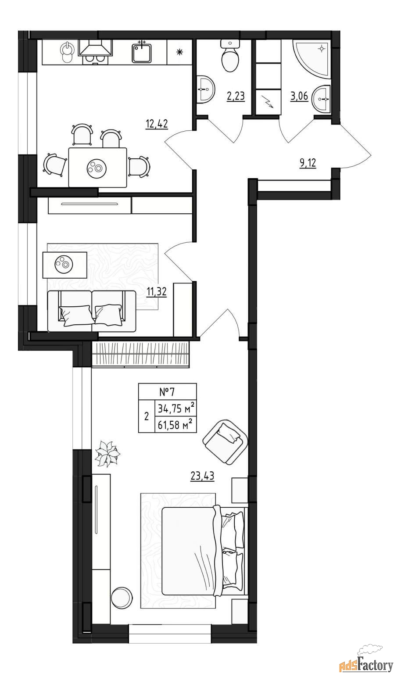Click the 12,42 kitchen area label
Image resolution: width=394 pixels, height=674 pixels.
[x=157, y=124]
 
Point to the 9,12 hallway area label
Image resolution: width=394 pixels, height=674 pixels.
[x=308, y=164]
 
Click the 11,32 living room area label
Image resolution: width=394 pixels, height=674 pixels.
[x=157, y=291]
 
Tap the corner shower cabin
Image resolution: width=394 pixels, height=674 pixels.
[x=312, y=58]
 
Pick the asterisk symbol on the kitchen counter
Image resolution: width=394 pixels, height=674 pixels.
[x=179, y=52]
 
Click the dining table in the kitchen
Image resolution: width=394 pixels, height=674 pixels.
[x=97, y=167]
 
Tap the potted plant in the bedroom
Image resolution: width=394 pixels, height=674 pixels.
[x=107, y=454]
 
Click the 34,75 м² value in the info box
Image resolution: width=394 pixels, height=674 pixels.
[x=176, y=409]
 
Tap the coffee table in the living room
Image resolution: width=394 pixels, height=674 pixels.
[x=65, y=265]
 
